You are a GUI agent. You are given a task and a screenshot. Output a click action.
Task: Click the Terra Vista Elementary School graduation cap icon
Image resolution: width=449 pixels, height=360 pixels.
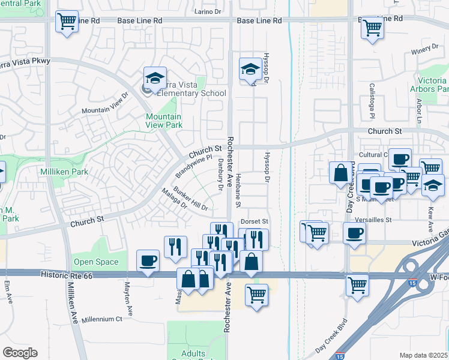[x=155, y=78]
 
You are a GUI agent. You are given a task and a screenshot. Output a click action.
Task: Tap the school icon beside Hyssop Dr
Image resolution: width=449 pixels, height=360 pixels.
[x=250, y=69]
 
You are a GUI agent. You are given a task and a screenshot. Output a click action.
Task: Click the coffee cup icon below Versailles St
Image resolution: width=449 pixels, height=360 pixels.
[x=354, y=233]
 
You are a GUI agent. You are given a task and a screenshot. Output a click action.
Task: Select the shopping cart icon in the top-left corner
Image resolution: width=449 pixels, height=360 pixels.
[x=67, y=22]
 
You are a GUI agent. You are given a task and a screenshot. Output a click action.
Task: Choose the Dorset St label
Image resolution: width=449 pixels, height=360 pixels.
[x=255, y=221]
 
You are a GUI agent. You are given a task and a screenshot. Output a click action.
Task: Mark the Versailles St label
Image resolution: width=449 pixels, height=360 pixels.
[x=372, y=220]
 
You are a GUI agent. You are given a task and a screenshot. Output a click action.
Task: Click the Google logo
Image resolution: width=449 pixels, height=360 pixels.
[x=20, y=353]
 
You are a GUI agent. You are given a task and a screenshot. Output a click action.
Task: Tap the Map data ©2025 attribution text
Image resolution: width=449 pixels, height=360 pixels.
[x=423, y=355]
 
